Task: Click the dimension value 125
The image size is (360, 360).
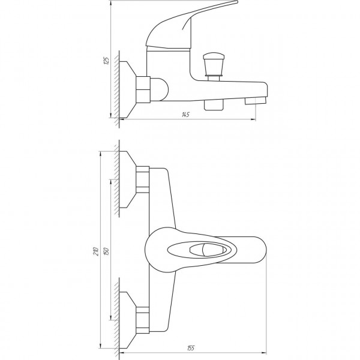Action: click(106, 61)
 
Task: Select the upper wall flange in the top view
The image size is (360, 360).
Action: click(128, 181)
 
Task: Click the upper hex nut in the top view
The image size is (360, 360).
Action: click(143, 181)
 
